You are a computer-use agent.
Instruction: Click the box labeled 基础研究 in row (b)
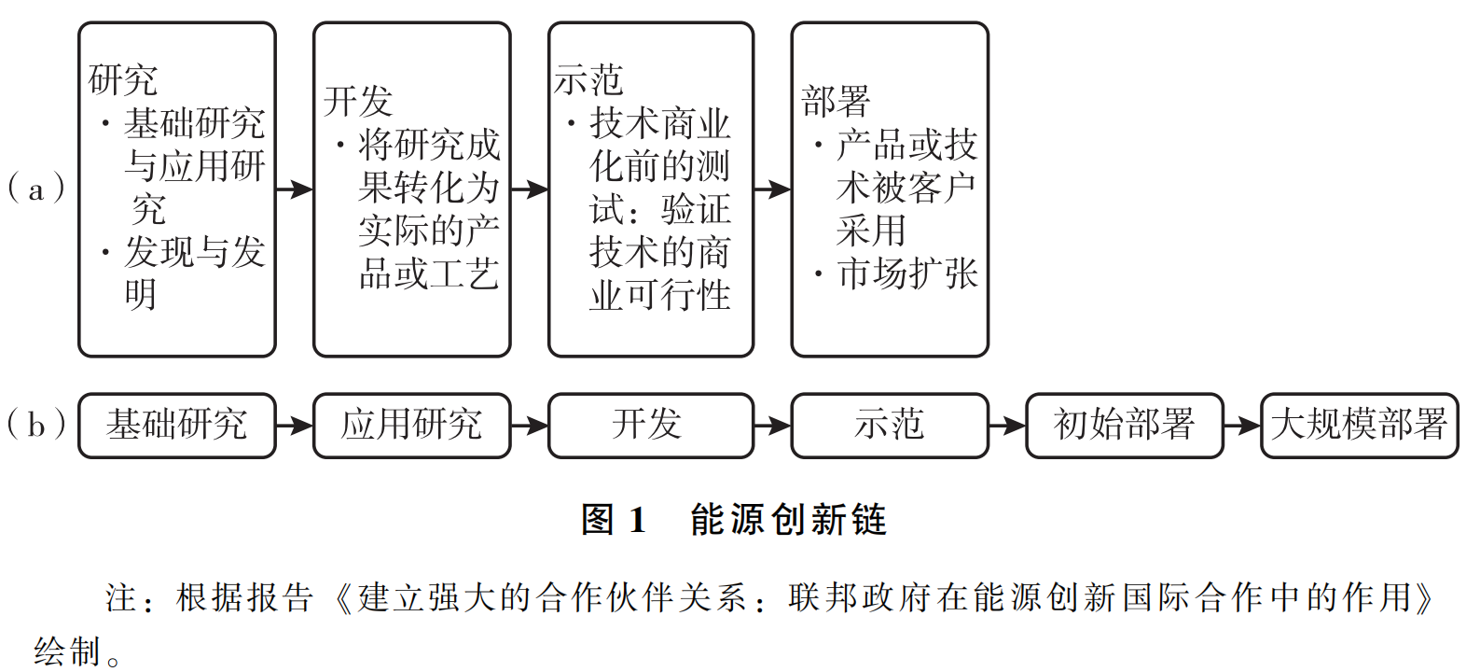[x=176, y=426]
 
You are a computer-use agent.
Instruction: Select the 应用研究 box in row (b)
[x=411, y=426]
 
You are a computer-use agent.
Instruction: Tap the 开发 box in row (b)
[x=650, y=426]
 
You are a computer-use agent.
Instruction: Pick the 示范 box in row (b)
[x=889, y=426]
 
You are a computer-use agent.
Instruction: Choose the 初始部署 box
[x=1124, y=426]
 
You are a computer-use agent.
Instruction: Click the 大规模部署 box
[x=1359, y=426]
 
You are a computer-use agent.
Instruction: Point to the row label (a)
[x=35, y=189]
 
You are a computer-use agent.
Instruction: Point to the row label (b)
[x=35, y=426]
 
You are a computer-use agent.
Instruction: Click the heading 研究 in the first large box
[x=123, y=80]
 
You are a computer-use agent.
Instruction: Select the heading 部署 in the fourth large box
[x=836, y=101]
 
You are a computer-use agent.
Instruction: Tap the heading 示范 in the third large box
[x=588, y=80]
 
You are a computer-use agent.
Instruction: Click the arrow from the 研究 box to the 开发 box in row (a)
[x=295, y=189]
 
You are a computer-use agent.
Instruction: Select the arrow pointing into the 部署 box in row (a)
[x=772, y=189]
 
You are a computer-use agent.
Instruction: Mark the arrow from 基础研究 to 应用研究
[x=295, y=426]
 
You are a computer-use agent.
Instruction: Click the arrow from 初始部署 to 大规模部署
[x=1242, y=426]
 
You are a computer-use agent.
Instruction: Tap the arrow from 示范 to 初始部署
[x=1007, y=426]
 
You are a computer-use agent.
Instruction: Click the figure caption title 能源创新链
[x=788, y=520]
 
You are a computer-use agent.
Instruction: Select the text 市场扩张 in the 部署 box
[x=907, y=273]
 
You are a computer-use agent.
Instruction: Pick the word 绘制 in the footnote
[x=67, y=651]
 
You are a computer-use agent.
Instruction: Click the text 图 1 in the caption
[x=613, y=520]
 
